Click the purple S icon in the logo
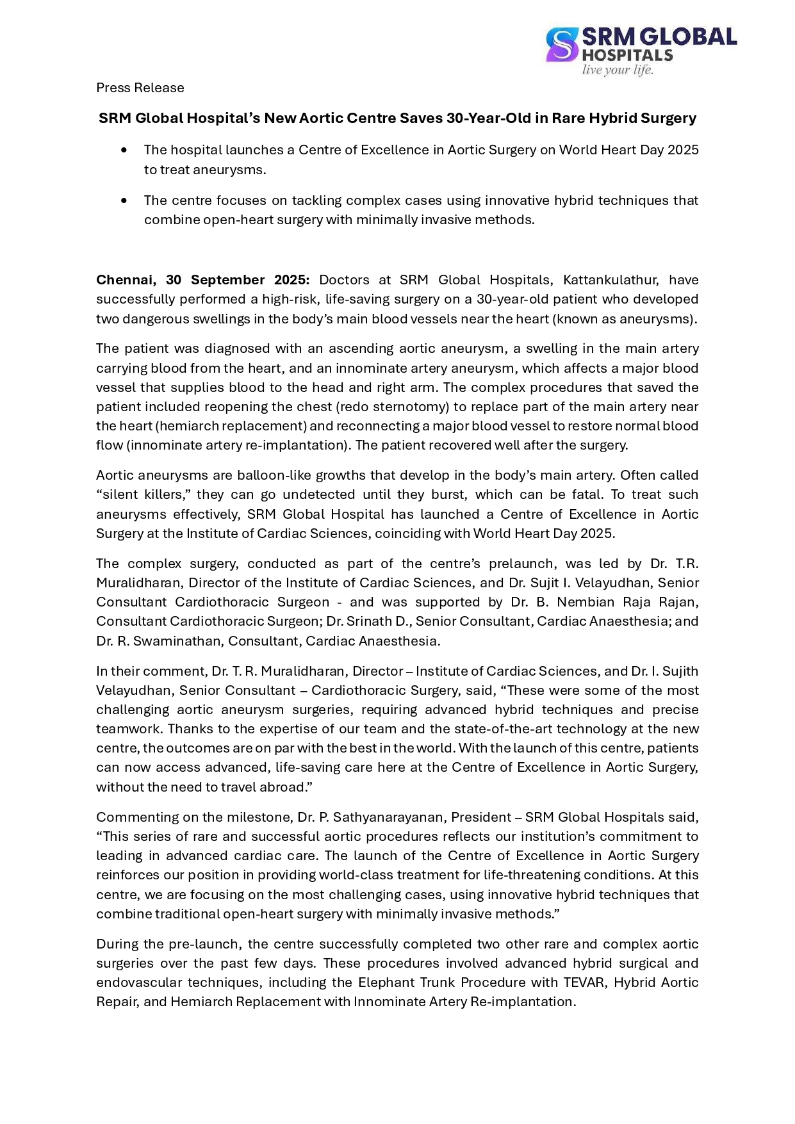tap(562, 44)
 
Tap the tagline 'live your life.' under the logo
tap(617, 70)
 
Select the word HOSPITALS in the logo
tap(627, 55)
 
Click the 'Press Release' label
tap(140, 88)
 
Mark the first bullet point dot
tap(124, 150)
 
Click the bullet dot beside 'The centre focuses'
tap(124, 200)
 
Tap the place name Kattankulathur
tap(612, 280)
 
